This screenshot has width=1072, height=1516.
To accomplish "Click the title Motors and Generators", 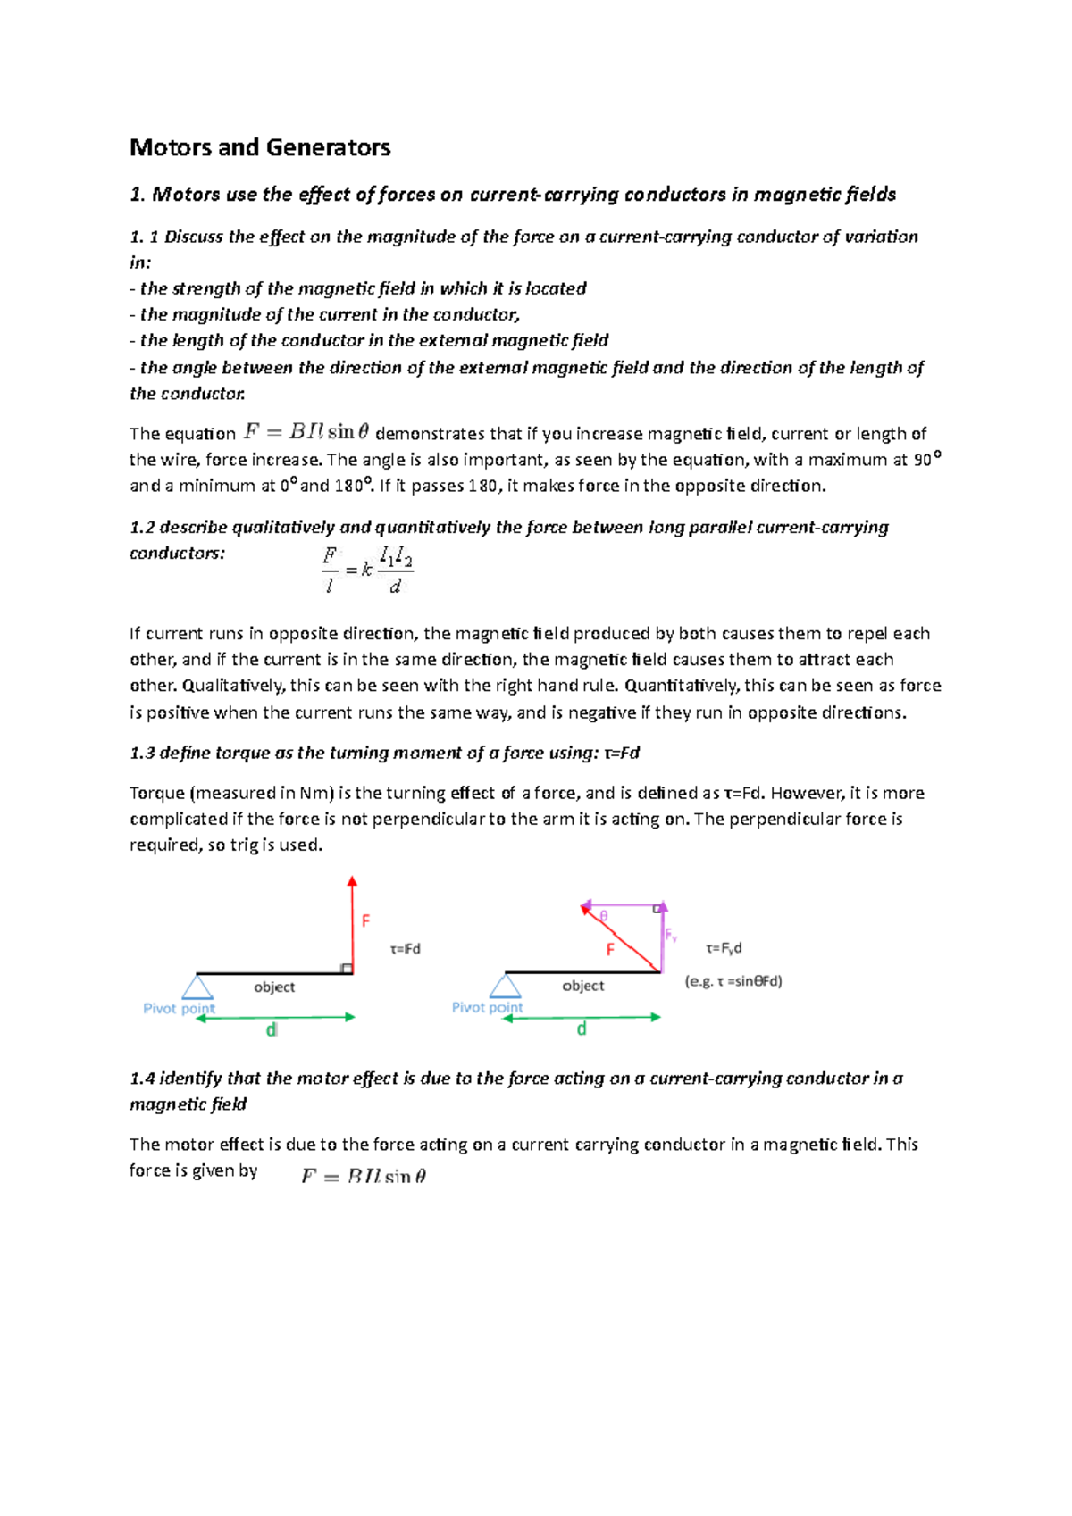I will pos(260,147).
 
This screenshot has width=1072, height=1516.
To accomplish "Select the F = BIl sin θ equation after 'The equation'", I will pos(306,432).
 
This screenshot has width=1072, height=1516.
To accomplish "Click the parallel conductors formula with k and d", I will pos(367,570).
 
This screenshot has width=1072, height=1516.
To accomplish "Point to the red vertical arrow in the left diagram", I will pos(353,924).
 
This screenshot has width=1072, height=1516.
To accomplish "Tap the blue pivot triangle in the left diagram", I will pos(197,987).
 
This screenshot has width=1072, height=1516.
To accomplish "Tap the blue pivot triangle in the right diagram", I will pos(506,987).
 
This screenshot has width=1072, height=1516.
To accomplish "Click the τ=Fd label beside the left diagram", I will pos(406,949).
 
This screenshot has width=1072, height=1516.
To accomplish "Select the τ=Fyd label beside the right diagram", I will pos(724,948).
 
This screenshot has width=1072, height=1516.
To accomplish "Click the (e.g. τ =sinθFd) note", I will pos(733,981).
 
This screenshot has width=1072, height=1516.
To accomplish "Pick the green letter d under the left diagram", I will pos(272,1030).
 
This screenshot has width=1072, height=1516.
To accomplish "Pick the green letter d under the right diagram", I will pos(582,1029).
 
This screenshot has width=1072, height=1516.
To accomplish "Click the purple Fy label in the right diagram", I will pos(671,936).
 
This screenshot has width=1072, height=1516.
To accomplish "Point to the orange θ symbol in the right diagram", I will pos(604,916).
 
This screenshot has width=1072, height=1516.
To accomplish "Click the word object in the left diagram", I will pos(274,987).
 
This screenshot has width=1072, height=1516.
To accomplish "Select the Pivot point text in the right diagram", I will pos(488,1007).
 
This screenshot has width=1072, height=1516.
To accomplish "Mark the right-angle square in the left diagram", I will pos(347,969).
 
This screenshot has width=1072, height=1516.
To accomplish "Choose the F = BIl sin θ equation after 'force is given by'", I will pos(364,1177).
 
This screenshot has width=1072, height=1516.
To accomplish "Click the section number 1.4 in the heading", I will pos(143,1079).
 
